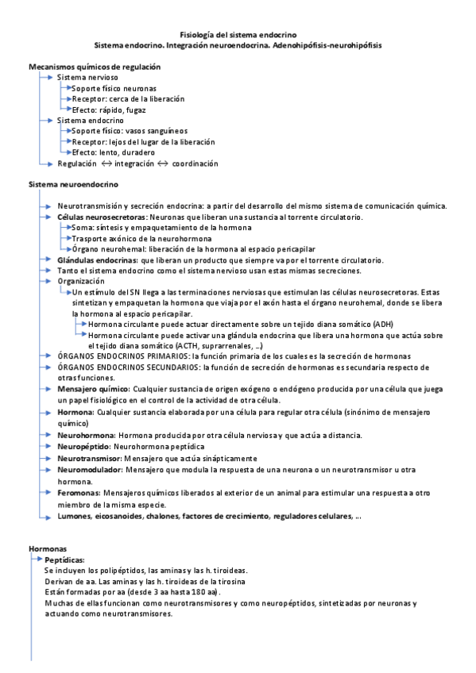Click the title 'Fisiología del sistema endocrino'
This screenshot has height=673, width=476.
[238, 35]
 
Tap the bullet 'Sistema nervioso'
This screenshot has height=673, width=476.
[87, 78]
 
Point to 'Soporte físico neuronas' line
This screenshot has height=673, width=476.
[114, 88]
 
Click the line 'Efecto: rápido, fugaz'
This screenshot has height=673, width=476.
[110, 110]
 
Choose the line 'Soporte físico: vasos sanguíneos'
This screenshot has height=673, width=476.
[130, 131]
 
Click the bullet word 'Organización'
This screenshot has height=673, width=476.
[81, 281]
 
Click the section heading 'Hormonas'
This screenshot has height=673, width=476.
[48, 549]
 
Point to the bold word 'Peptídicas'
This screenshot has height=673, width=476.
[65, 560]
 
